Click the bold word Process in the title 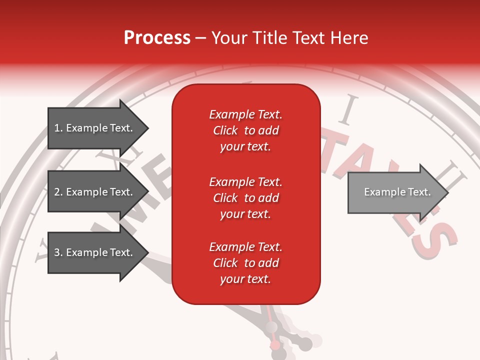(x=157, y=37)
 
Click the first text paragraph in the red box (x=245, y=130)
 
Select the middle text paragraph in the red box (x=245, y=198)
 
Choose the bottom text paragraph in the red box (x=245, y=263)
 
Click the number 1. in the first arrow (x=58, y=128)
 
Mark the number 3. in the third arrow (x=58, y=252)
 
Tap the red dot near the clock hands (x=275, y=345)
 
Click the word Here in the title (x=350, y=37)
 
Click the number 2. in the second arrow (x=58, y=192)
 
